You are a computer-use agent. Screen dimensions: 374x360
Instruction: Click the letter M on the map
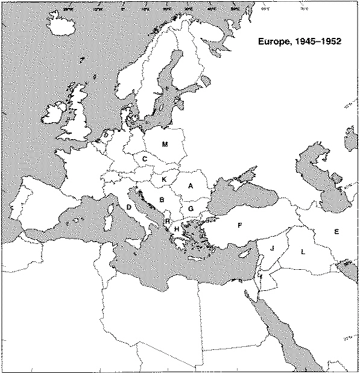165,144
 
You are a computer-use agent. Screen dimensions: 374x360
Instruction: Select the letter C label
145,159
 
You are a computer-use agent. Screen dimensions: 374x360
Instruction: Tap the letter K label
164,179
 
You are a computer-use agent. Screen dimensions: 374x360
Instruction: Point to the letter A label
191,185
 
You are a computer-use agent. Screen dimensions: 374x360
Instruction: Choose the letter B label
161,200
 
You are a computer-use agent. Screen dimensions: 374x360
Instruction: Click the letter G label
191,208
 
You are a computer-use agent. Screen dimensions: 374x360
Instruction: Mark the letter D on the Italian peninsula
129,207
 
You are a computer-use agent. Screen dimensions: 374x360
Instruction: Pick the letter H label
176,229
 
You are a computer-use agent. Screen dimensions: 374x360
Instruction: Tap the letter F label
239,225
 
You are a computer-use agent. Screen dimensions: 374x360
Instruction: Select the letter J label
272,248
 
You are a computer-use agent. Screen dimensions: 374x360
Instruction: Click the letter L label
303,252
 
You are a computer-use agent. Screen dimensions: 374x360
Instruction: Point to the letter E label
336,231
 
